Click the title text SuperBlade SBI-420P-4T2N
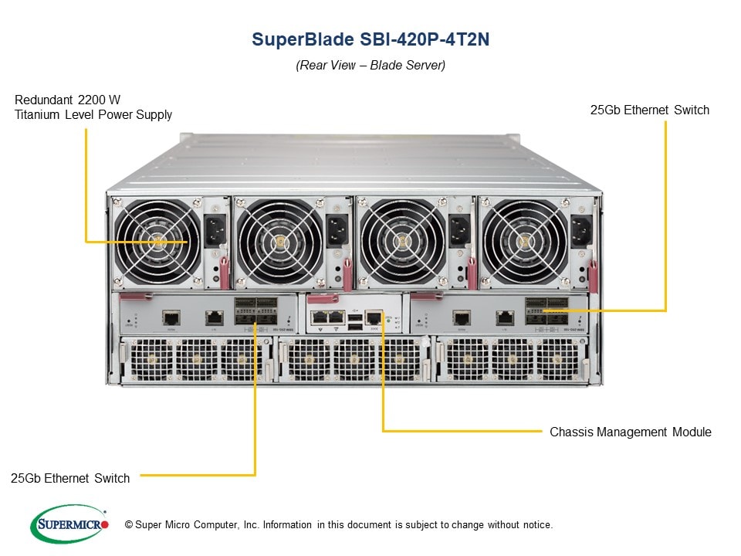370,40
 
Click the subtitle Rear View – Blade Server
370,66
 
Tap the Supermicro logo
69,524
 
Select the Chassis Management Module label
630,432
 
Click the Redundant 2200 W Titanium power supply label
93,107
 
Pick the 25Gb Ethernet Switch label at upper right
649,110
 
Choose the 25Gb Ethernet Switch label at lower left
70,478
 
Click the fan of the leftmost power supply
159,241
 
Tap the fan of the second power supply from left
279,241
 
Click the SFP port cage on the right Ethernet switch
546,309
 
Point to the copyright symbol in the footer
129,525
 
